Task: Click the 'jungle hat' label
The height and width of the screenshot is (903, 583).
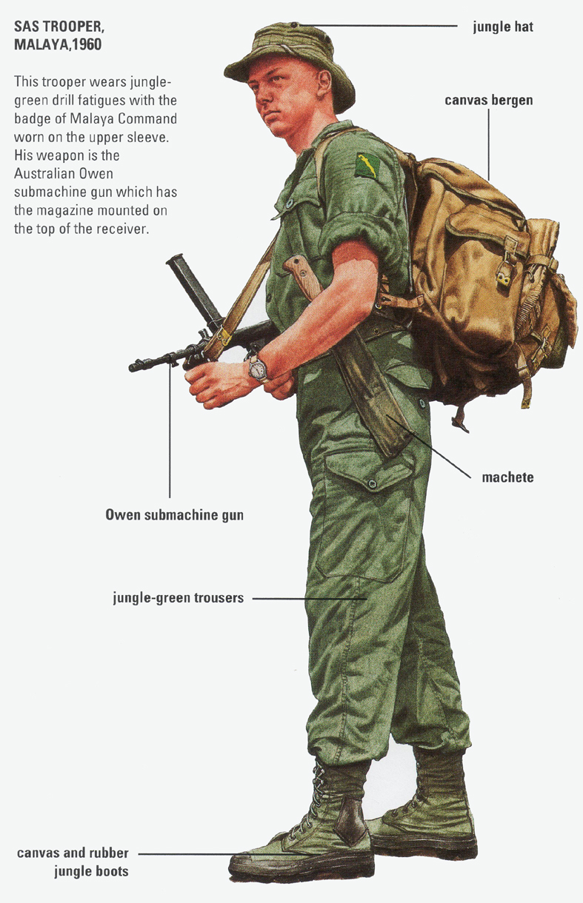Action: (x=503, y=27)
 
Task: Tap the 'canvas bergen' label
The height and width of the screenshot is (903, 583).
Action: (x=489, y=100)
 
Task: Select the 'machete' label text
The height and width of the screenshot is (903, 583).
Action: (x=507, y=477)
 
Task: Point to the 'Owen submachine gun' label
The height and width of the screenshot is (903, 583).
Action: (x=174, y=515)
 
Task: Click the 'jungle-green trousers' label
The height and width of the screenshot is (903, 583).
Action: (x=179, y=597)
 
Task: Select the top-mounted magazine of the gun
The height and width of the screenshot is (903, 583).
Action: (x=193, y=290)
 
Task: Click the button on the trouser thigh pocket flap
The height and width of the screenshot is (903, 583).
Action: (x=372, y=483)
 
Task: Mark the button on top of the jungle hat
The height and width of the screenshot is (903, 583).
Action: (x=295, y=25)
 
